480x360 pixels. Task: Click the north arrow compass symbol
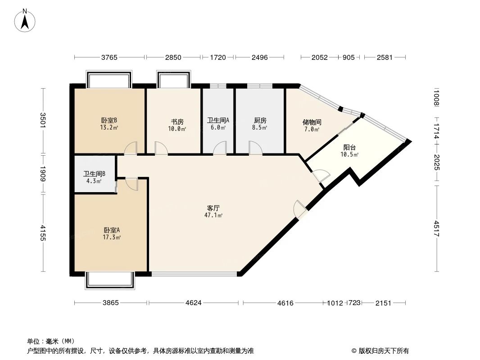[x=25, y=20]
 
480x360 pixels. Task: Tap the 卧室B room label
[x=109, y=121]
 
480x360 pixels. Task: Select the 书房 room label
[x=177, y=121]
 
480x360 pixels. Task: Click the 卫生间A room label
[x=218, y=121]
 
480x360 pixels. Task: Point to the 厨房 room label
[x=260, y=121]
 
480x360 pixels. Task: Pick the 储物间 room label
[x=312, y=122]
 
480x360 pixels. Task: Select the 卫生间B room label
[x=94, y=174]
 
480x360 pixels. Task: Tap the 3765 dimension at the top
[x=109, y=57]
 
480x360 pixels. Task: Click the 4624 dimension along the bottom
[x=193, y=303]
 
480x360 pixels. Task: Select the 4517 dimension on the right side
[x=437, y=229]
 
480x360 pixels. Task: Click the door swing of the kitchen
[x=255, y=148]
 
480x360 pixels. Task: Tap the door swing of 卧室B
[x=131, y=148]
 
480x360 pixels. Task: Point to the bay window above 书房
[x=173, y=79]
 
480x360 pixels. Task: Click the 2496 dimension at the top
[x=259, y=57]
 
